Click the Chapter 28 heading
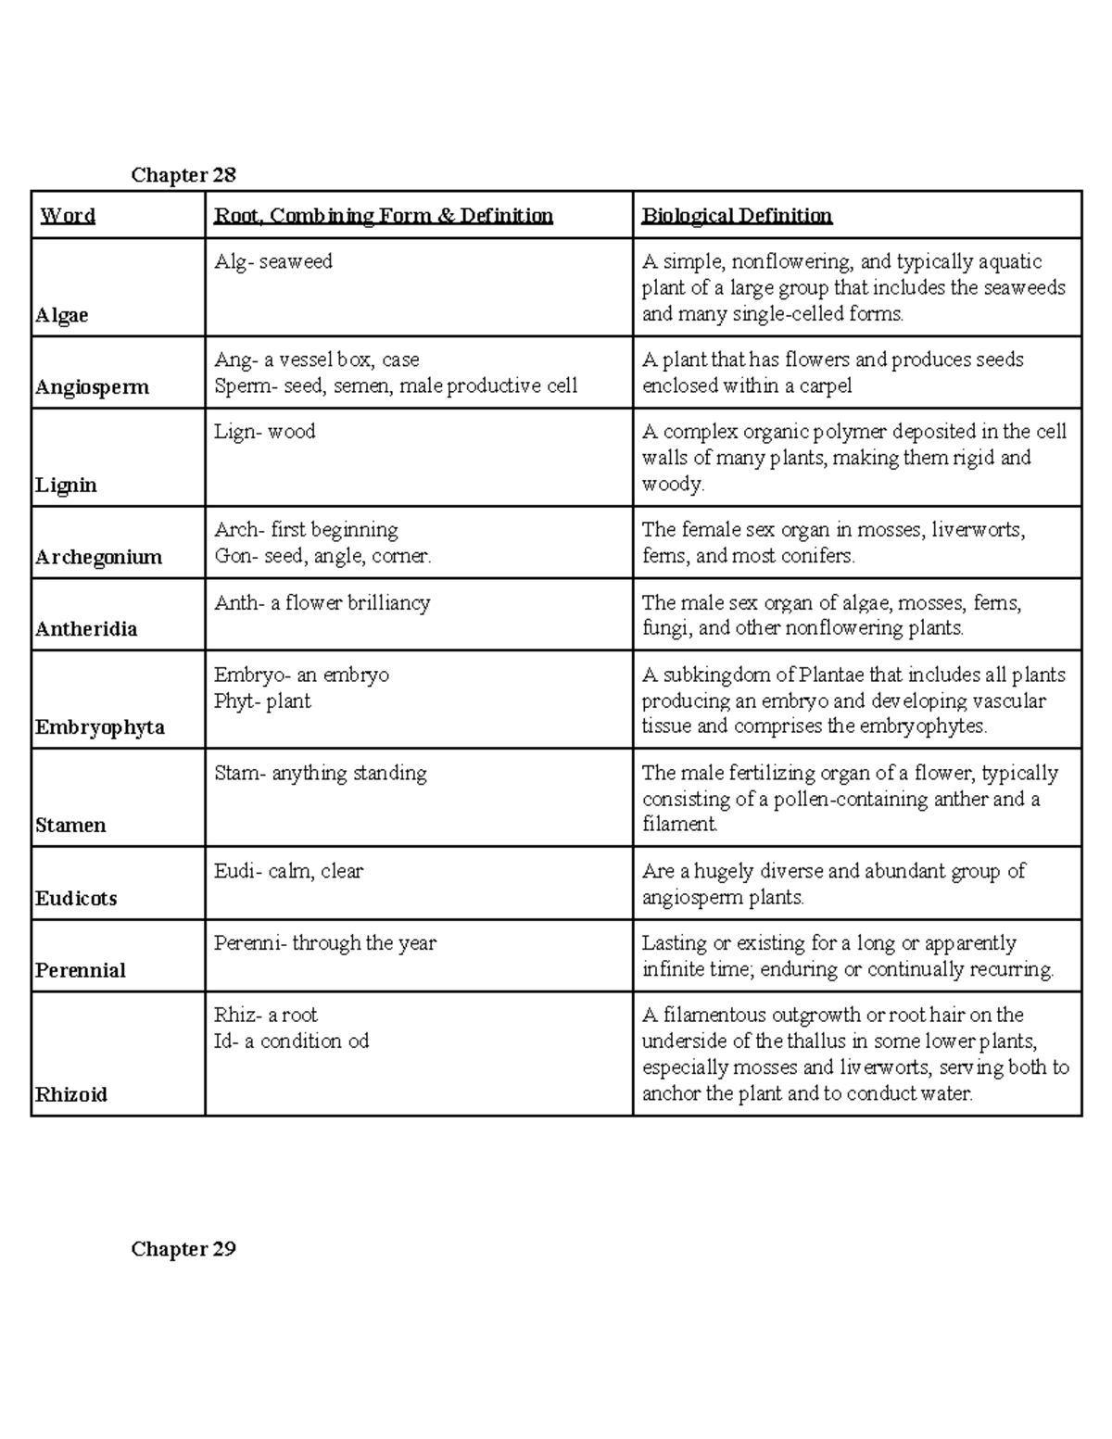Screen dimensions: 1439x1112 tap(183, 175)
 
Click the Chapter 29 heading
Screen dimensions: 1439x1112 tap(183, 1249)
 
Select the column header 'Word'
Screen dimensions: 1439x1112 tap(68, 216)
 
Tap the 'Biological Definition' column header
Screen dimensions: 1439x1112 tap(737, 216)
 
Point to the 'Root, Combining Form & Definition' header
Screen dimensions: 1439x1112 tap(384, 216)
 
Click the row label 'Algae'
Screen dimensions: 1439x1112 tap(62, 315)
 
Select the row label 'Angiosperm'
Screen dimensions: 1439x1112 tap(92, 387)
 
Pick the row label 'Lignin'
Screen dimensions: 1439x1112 tap(66, 486)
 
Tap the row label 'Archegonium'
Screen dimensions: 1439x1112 tap(98, 557)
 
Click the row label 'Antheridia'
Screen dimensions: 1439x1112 tap(86, 629)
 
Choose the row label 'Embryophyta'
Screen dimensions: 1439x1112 tap(100, 727)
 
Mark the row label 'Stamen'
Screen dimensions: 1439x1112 tap(70, 826)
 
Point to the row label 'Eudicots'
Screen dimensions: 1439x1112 tap(76, 899)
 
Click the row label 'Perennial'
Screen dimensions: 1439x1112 tap(81, 971)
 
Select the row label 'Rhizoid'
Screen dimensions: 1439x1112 tap(71, 1095)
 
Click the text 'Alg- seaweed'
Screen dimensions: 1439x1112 tap(273, 262)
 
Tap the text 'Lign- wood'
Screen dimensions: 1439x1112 tap(265, 432)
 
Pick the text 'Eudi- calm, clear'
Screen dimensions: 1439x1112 tap(288, 871)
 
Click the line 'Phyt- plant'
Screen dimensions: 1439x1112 tap(262, 701)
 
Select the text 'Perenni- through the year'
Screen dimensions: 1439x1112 tap(325, 943)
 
